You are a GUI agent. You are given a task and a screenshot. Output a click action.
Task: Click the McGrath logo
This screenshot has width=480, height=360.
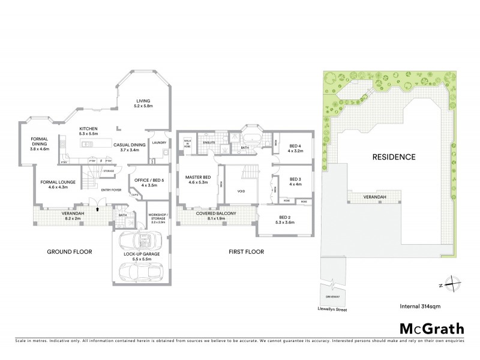coord(431,328)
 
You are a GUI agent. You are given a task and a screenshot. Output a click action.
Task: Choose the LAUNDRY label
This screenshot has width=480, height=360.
coord(158,143)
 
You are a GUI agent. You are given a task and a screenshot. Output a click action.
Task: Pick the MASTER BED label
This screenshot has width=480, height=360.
coord(198,178)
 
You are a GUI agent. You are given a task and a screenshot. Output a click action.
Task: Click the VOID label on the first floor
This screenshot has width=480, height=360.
coord(242,192)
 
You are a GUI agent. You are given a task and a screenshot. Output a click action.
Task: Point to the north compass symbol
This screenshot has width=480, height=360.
coord(454,283)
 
